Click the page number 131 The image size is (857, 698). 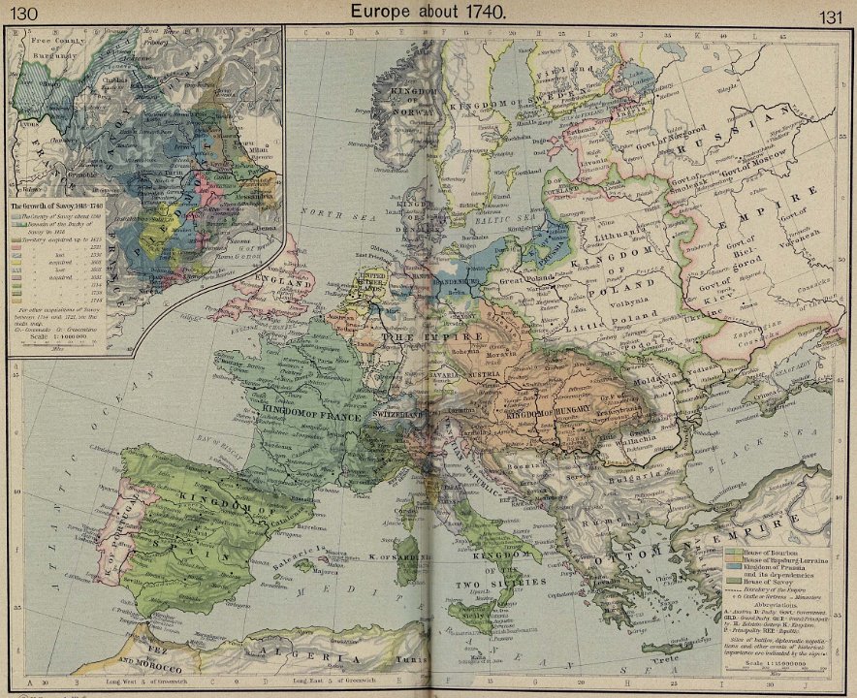[833, 16]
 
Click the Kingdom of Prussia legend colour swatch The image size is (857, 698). [734, 567]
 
